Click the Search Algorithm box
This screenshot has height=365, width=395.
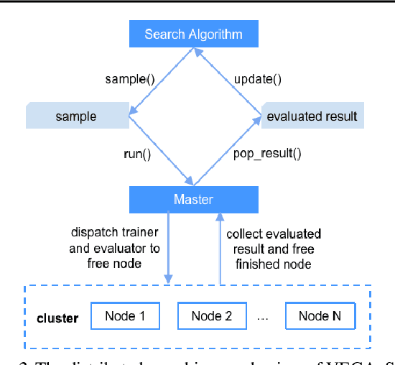click(193, 34)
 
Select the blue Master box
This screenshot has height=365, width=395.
click(193, 199)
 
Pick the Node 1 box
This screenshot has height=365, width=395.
click(125, 316)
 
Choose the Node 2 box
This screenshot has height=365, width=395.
click(211, 316)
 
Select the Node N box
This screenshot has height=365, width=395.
click(319, 316)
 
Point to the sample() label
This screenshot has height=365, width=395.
click(130, 79)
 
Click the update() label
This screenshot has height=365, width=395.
click(257, 79)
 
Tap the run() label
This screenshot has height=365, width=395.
click(138, 153)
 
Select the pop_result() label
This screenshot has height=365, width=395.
click(267, 153)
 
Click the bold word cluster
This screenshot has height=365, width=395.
click(57, 318)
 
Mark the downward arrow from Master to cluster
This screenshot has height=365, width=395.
click(169, 248)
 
